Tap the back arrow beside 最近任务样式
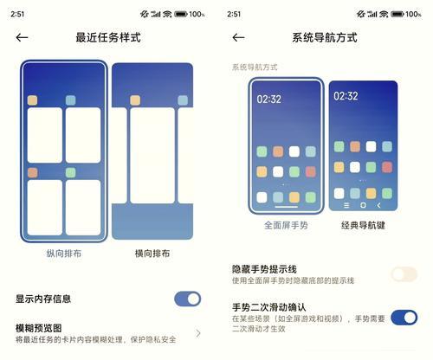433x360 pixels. click(22, 37)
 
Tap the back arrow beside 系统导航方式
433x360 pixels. click(238, 37)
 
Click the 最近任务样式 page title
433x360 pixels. click(108, 37)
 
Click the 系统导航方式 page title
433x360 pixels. click(325, 37)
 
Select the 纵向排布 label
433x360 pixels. click(64, 254)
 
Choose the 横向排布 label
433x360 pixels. click(152, 254)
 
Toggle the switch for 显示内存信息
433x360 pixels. click(188, 299)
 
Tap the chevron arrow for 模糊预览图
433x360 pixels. click(198, 333)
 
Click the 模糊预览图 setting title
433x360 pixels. click(39, 328)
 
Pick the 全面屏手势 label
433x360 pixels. click(286, 225)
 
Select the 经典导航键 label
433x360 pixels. click(363, 225)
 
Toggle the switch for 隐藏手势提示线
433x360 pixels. click(404, 274)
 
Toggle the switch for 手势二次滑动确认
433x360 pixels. click(404, 318)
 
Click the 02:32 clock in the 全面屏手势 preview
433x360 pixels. click(268, 100)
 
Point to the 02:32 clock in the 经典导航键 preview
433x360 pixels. click(346, 96)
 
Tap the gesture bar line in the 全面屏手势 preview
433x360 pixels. click(286, 207)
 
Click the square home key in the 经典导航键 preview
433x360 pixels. click(363, 205)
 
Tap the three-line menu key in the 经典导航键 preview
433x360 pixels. click(346, 205)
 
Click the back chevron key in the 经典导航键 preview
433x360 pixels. click(378, 205)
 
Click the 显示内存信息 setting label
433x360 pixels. click(43, 299)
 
